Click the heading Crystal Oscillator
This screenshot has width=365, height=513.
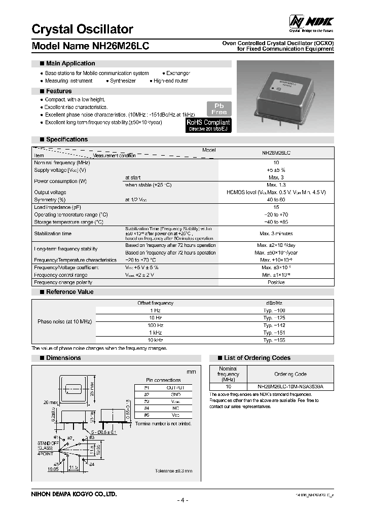click(x=83, y=29)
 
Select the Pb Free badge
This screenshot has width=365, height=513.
click(x=220, y=108)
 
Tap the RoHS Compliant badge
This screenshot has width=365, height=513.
click(x=208, y=125)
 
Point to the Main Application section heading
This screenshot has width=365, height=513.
click(x=70, y=63)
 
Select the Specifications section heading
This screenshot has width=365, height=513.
click(x=66, y=139)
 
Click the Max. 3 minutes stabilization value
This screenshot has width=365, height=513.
click(x=276, y=234)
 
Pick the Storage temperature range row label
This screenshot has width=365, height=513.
click(x=68, y=222)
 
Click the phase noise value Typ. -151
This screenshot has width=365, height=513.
click(x=276, y=333)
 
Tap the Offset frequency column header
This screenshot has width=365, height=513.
click(x=156, y=303)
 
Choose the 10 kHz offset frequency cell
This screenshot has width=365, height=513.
click(x=156, y=340)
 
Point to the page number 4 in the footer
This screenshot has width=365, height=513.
click(x=182, y=500)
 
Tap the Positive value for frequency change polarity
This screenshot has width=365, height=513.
click(x=276, y=282)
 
